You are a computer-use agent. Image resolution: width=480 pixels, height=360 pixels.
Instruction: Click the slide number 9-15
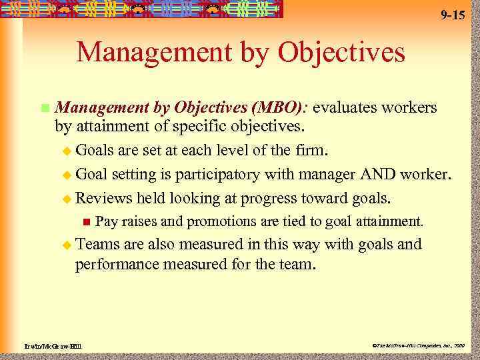coord(453,15)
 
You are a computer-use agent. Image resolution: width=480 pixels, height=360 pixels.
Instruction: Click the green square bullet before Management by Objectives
coord(44,108)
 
